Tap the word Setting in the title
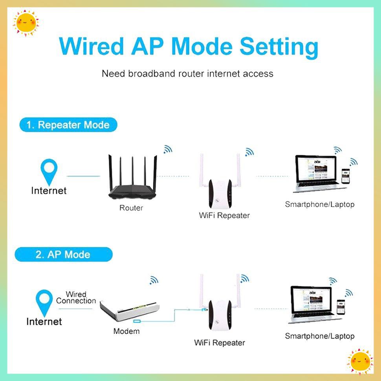pyautogui.click(x=279, y=47)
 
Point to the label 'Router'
pyautogui.click(x=131, y=208)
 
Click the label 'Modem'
pyautogui.click(x=126, y=331)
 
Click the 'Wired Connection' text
pyautogui.click(x=76, y=297)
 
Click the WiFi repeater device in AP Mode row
pyautogui.click(x=220, y=314)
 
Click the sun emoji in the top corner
pyautogui.click(x=26, y=23)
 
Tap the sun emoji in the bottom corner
pyautogui.click(x=360, y=361)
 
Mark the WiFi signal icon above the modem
pyautogui.click(x=154, y=280)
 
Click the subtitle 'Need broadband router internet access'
pyautogui.click(x=187, y=73)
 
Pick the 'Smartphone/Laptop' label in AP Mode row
pyautogui.click(x=319, y=336)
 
